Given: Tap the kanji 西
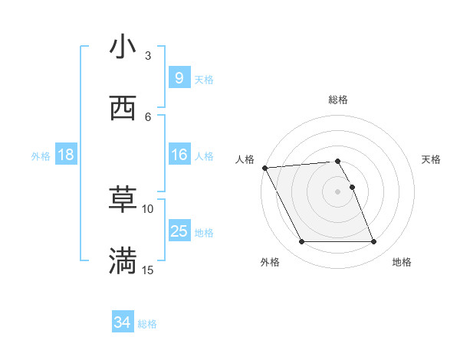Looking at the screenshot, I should click(123, 107).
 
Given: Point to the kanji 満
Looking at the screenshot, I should click(123, 260).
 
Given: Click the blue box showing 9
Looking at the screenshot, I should click(179, 77).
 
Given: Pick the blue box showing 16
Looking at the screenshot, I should click(179, 155).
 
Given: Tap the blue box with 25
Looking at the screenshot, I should click(179, 231).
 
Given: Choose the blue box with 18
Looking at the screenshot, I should click(66, 155).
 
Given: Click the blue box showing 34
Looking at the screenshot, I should click(123, 322).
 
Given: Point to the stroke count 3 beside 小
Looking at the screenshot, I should click(148, 56).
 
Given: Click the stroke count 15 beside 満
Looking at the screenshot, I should click(148, 270).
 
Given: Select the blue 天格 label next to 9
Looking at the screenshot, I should click(203, 79).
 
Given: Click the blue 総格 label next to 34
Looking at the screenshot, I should click(147, 324).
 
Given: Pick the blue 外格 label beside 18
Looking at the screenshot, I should click(41, 156).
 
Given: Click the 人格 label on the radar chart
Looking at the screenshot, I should click(244, 159).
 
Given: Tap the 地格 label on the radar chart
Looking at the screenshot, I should click(402, 262).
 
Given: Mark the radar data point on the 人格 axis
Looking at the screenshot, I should click(264, 168).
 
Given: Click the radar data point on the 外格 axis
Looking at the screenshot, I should click(301, 242).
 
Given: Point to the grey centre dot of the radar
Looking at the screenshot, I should click(337, 191).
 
